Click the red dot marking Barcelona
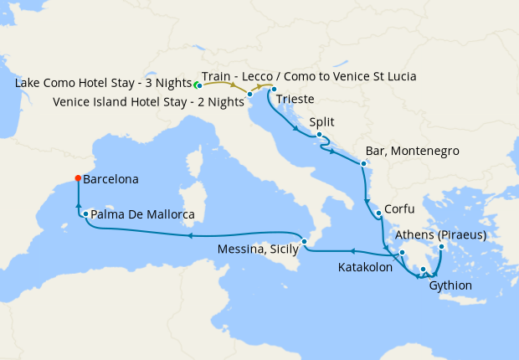coord(78,177)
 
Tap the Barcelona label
coord(110,179)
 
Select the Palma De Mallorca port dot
coord(86,214)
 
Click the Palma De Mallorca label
coord(142,215)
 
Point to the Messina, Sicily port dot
coord(305,241)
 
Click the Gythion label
coord(450,285)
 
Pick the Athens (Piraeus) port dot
coord(440,246)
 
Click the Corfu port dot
coord(379,213)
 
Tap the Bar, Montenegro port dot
coord(363,162)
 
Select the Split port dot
coord(320,134)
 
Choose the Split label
coord(322,121)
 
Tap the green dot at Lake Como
coord(198,85)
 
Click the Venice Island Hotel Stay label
coord(146,102)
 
